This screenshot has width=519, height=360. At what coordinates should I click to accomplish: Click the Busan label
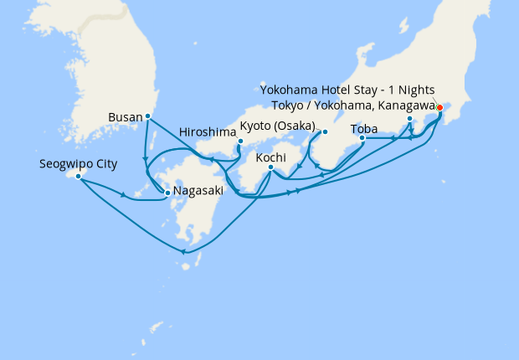(126, 117)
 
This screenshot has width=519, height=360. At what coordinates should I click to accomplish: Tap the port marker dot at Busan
(147, 116)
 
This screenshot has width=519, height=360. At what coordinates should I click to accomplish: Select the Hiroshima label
(208, 132)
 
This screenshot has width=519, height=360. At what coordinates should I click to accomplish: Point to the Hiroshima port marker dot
(240, 141)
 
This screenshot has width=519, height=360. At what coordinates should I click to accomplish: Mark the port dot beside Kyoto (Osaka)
(325, 131)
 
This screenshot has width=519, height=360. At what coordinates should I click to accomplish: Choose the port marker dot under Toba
(362, 138)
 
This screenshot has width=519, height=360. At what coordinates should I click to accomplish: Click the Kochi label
(271, 157)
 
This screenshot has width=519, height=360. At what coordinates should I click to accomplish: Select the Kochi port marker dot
(270, 167)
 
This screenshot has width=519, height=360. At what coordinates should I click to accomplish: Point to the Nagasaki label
(198, 191)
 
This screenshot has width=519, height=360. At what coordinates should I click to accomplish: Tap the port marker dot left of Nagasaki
(168, 193)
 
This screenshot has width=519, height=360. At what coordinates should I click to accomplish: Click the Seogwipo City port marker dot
(78, 176)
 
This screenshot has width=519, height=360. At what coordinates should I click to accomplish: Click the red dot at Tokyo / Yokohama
(439, 107)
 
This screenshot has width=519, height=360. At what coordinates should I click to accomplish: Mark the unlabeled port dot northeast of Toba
(409, 119)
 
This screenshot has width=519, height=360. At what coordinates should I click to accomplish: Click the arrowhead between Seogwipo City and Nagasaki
(125, 195)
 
